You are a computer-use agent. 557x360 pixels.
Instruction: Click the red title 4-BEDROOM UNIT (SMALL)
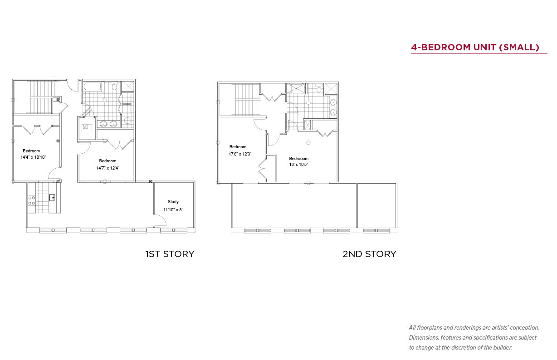(x=475, y=47)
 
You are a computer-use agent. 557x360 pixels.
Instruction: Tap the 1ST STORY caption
(x=170, y=254)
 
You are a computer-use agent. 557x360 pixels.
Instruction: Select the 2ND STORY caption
(x=369, y=254)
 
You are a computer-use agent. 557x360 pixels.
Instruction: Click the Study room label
(x=173, y=202)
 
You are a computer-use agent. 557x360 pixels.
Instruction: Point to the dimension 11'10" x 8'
(x=173, y=209)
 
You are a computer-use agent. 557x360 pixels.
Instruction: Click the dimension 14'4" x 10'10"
(x=33, y=157)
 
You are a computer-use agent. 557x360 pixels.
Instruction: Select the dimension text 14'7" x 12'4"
(x=107, y=168)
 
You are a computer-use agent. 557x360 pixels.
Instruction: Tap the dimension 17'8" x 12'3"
(x=240, y=154)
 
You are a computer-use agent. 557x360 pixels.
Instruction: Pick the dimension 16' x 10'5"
(x=298, y=164)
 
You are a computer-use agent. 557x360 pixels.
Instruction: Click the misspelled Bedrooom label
(x=298, y=158)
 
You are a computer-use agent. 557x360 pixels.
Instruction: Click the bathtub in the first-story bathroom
(x=92, y=86)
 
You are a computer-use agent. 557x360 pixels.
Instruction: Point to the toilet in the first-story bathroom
(x=114, y=86)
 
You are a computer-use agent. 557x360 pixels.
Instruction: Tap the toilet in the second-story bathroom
(x=319, y=88)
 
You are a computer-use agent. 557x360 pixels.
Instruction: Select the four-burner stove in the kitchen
(x=32, y=200)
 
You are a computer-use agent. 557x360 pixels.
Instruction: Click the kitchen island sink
(x=52, y=198)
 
